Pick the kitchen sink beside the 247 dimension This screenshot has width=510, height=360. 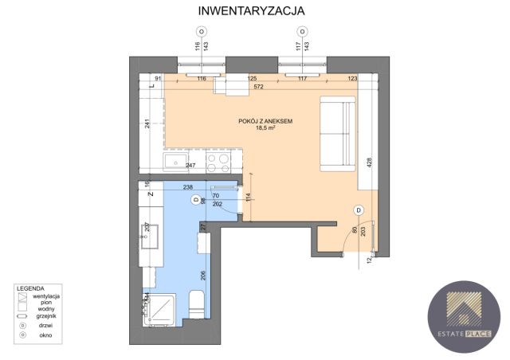point(175,163)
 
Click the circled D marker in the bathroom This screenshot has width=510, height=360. point(196,201)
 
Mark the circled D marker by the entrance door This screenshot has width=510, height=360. point(359,209)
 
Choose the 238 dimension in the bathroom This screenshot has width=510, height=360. point(189,188)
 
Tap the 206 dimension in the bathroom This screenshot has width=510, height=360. point(204,277)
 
